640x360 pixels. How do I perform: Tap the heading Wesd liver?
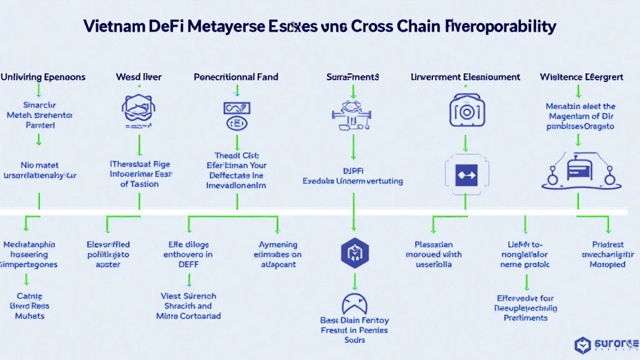pyautogui.click(x=139, y=77)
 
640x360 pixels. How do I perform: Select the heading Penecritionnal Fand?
pyautogui.click(x=236, y=77)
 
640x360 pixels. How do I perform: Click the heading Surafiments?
pyautogui.click(x=352, y=77)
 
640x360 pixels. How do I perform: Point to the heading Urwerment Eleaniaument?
pyautogui.click(x=466, y=77)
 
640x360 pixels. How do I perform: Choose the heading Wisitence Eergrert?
pyautogui.click(x=581, y=77)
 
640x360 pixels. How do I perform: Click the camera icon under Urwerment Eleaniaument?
pyautogui.click(x=465, y=111)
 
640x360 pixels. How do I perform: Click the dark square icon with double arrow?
pyautogui.click(x=465, y=176)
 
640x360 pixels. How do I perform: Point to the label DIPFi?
pyautogui.click(x=353, y=169)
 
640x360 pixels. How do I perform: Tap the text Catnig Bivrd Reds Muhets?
pyautogui.click(x=30, y=306)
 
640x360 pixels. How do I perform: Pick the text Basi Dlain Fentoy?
pyautogui.click(x=354, y=320)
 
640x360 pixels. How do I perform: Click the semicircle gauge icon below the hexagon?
pyautogui.click(x=354, y=304)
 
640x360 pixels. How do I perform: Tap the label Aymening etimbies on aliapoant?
pyautogui.click(x=278, y=254)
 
